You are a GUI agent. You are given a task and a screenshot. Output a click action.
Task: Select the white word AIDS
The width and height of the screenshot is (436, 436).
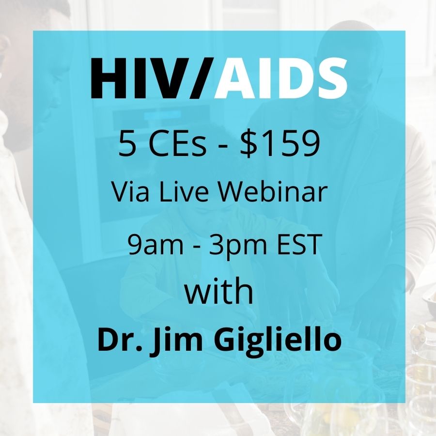pos(280,78)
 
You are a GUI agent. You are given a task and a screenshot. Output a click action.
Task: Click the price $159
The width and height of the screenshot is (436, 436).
pos(280,144)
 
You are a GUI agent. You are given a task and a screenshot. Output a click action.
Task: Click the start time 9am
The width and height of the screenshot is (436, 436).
pos(156,245)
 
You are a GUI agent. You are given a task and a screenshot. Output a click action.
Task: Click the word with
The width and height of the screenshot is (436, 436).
pos(219,291)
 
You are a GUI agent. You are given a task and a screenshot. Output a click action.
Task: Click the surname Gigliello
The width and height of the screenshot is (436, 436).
pos(277,342)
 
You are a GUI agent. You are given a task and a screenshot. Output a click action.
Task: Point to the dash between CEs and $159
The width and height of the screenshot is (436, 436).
pos(223,147)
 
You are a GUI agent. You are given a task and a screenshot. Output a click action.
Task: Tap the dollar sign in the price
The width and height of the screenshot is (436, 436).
pos(249,144)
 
